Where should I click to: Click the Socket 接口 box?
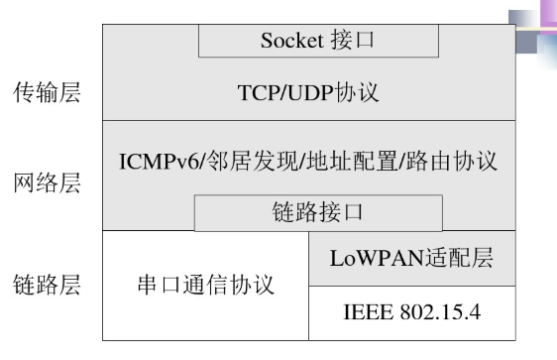point(318,41)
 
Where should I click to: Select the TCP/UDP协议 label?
point(308,93)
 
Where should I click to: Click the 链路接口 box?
point(317,212)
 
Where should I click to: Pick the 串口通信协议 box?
point(205,287)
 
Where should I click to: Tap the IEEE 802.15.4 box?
point(411,312)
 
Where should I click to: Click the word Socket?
point(291,41)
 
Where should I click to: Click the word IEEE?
point(363,312)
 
